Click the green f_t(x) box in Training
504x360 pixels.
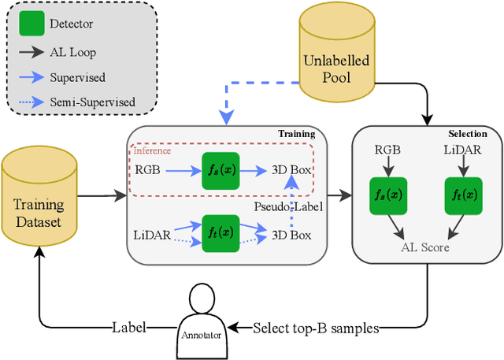point(220,233)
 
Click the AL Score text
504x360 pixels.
point(425,247)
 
